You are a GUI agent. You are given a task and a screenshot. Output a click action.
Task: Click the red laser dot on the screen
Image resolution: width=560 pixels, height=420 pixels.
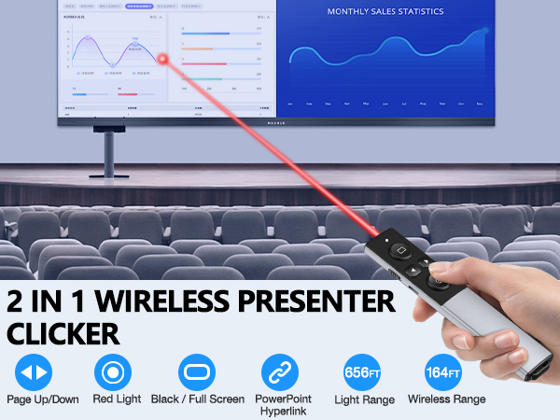(162, 58)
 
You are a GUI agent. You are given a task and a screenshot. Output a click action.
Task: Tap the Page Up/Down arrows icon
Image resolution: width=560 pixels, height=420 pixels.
(34, 371)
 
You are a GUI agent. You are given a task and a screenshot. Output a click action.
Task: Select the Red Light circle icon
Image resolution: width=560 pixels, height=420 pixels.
(112, 371)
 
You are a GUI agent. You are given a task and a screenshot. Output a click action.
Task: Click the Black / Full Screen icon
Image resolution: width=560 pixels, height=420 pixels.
(196, 371)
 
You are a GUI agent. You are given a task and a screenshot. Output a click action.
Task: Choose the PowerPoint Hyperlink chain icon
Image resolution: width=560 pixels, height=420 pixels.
(279, 371)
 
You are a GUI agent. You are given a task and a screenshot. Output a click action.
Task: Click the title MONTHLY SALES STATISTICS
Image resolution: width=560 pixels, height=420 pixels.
(385, 12)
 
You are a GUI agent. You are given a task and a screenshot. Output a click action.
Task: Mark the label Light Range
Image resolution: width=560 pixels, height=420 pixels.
(363, 399)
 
